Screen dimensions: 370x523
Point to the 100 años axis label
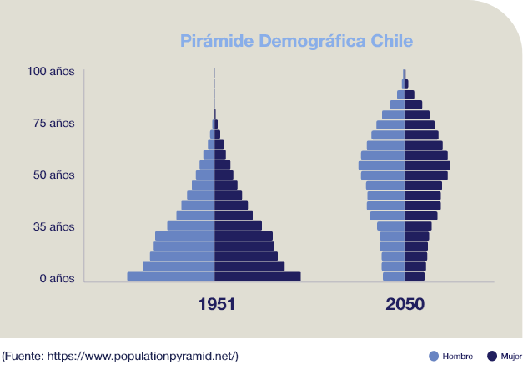pyautogui.click(x=50, y=72)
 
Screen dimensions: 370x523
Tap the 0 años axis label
pyautogui.click(x=57, y=278)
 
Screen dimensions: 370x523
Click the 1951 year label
pyautogui.click(x=216, y=305)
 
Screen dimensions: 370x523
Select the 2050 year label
pyautogui.click(x=405, y=305)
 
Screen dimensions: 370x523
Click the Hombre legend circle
pyautogui.click(x=433, y=356)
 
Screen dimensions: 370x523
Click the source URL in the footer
pyautogui.click(x=142, y=357)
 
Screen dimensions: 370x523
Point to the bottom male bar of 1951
pyautogui.click(x=171, y=276)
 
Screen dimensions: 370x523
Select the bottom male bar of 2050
pyautogui.click(x=394, y=276)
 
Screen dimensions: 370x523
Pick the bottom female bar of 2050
pyautogui.click(x=415, y=276)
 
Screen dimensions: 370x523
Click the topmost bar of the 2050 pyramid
pyautogui.click(x=405, y=73)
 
